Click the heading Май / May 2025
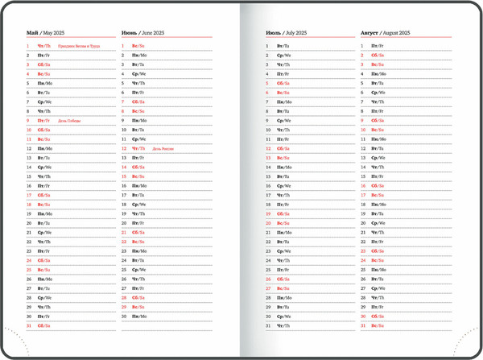tap(45, 33)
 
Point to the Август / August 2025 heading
tap(386, 33)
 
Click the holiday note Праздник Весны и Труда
tap(79, 47)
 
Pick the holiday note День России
tap(163, 148)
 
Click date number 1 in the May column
tap(27, 47)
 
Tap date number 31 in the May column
tap(28, 325)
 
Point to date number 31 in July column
tap(268, 325)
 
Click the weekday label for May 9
tap(43, 121)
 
